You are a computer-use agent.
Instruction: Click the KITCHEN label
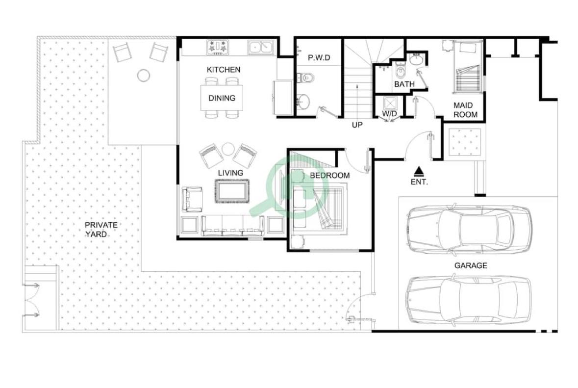coord(224,70)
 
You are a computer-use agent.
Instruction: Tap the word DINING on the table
coord(222,98)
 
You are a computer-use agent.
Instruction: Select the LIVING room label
coord(230,173)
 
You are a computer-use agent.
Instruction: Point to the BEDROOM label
coord(329,176)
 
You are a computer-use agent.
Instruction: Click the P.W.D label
coord(319,58)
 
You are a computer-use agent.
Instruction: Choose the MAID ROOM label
coord(465,110)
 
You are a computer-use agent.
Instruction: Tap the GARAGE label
coord(471,265)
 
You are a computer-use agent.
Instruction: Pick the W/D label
coord(389,114)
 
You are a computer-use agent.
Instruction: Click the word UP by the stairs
coord(357,125)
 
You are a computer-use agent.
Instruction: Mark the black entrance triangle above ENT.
coord(418,171)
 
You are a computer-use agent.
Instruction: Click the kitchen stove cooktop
coord(218,48)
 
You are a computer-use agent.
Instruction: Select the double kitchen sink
coord(261,47)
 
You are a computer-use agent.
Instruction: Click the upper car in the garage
coord(469,230)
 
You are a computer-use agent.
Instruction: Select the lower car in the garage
coord(469,300)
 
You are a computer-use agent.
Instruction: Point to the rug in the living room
coord(232,191)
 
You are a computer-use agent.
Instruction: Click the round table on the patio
coord(143,75)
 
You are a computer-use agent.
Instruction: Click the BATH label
coord(404,84)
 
